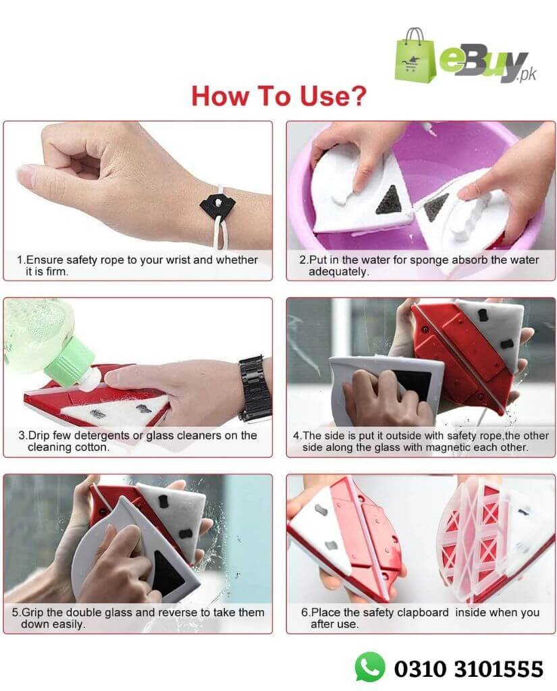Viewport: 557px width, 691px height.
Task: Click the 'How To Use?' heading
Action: click(279, 96)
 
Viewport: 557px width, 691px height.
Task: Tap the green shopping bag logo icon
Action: click(415, 55)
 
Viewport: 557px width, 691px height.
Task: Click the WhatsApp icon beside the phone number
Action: click(369, 667)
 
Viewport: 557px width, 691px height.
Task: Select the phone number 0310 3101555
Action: click(469, 669)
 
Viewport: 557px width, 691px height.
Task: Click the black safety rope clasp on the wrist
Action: click(217, 203)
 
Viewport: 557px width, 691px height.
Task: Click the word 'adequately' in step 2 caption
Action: click(338, 272)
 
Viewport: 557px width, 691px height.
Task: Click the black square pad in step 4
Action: click(411, 384)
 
